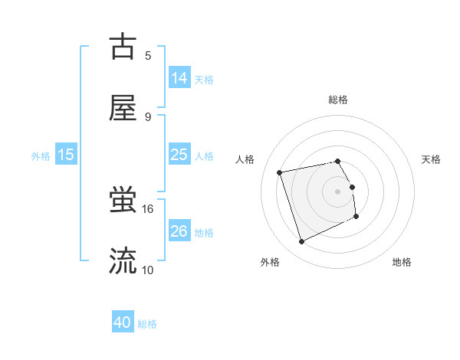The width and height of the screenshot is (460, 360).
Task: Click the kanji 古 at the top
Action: pos(123,47)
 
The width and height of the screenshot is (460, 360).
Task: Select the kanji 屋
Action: pos(123,108)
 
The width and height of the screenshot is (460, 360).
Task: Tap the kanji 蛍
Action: pos(123,201)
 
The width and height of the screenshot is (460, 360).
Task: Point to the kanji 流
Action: pos(123,261)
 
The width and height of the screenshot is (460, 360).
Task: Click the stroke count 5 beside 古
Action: pos(148,55)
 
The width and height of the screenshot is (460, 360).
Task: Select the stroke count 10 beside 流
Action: pos(147,270)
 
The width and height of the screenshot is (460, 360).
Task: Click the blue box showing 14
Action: pos(179,78)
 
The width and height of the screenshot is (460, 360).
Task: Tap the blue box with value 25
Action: pos(179,155)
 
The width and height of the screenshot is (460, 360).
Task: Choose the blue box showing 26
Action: pos(179,231)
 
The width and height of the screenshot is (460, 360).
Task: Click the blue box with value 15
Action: pos(66,155)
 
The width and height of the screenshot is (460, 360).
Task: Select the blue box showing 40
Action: pos(123,322)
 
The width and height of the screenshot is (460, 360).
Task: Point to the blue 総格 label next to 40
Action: pos(148,324)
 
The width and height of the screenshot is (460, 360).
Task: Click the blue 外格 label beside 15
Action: pos(41,155)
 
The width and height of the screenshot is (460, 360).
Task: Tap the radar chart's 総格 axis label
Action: pos(338,100)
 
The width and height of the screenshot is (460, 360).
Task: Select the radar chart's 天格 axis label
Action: pos(432,159)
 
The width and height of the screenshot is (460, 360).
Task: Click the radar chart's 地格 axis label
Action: pos(402,262)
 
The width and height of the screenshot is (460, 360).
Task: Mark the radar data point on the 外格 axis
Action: pos(301,242)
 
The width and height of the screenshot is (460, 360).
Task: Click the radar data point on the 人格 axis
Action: pos(280,172)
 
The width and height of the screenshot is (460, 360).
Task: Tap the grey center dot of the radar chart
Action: pos(338,191)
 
